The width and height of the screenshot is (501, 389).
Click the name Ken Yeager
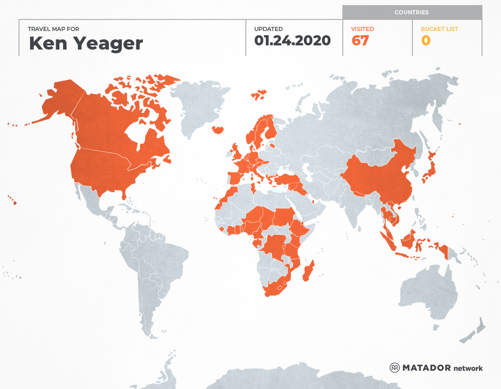pos(86,43)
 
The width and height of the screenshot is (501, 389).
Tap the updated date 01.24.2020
pos(292,41)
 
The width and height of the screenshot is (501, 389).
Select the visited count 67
pos(360,41)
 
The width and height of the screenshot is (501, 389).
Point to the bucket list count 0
pos(425,41)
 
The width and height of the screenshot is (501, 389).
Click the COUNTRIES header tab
pos(411,13)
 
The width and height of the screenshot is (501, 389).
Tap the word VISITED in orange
pos(363,29)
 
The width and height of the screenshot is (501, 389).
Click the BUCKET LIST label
pos(439,29)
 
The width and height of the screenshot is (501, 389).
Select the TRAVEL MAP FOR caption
pos(53,29)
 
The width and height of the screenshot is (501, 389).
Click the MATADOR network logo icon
pos(394,368)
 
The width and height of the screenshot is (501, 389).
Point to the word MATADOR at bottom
pos(426,368)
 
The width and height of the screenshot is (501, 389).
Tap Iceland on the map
pos(217,130)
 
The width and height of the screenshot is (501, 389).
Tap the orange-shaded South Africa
pos(276,287)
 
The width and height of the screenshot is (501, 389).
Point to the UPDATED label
pos(268,29)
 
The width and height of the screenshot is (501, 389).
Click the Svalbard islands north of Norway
pos(259,95)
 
